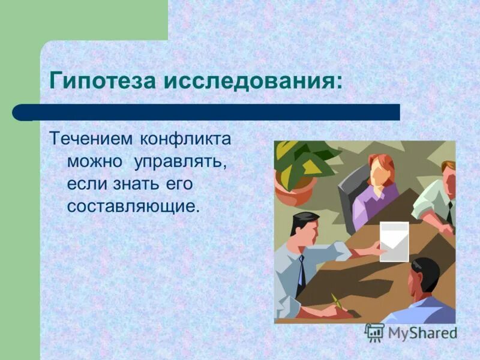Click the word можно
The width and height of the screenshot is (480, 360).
tap(94, 161)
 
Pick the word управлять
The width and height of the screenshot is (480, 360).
tap(181, 161)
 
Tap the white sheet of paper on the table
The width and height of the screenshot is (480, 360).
tap(394, 241)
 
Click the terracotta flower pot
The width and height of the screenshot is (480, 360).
tap(294, 188)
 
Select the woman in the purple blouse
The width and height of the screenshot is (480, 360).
tap(375, 192)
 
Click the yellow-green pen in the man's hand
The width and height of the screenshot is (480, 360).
tap(337, 302)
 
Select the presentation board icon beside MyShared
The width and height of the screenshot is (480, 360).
tap(374, 332)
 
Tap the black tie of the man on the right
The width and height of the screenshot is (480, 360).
tap(449, 211)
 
